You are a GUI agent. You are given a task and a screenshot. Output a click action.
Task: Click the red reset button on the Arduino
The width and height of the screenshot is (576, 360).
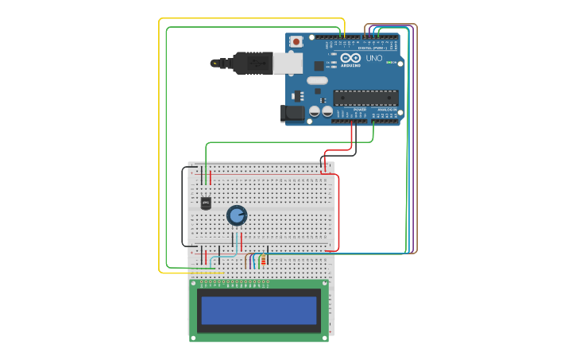point(296,41)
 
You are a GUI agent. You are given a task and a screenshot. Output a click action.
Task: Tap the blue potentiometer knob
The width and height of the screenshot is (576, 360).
point(237,215)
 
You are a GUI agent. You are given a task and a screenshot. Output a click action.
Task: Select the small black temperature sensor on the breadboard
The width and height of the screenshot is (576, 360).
point(206,203)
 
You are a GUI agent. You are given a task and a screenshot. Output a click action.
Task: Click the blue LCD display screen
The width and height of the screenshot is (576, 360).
point(259,310)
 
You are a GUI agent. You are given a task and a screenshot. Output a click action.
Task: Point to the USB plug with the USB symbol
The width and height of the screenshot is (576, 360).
point(253,62)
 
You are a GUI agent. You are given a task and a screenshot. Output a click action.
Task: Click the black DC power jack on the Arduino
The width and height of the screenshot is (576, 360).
point(293,114)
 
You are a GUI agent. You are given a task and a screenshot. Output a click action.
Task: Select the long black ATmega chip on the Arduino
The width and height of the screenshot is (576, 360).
point(365,98)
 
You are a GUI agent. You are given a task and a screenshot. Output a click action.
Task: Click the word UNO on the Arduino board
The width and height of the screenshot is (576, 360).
point(373,58)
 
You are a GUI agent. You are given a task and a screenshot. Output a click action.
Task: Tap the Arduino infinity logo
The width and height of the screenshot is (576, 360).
point(350,58)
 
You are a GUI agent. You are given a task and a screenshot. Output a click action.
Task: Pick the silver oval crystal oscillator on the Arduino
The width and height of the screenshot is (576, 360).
point(317,79)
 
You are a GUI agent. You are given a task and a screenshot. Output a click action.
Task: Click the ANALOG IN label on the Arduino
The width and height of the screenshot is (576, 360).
point(387,110)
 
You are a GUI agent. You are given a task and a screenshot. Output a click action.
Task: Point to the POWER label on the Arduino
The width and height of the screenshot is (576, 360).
point(359,110)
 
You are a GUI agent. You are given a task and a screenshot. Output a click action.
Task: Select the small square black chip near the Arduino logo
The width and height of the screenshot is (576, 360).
point(319,66)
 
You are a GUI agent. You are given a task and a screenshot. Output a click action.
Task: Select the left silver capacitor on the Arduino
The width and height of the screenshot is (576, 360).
point(315,112)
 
